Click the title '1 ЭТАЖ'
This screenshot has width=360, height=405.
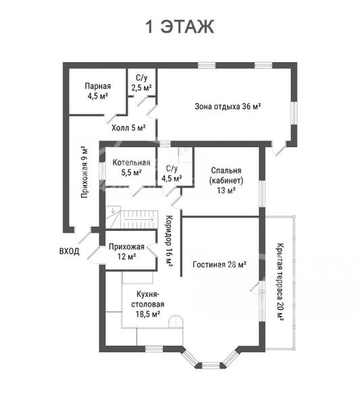(180, 26)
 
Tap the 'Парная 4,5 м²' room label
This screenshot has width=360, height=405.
(98, 91)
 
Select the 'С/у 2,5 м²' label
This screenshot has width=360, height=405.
(141, 83)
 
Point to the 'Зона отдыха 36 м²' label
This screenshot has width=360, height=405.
(228, 107)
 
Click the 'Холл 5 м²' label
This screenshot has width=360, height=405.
(128, 128)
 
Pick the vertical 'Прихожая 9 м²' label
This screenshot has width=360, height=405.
(84, 172)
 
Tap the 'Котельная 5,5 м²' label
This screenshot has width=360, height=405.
(131, 167)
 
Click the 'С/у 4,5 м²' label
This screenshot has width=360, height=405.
(172, 173)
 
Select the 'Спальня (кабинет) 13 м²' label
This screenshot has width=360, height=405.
(226, 180)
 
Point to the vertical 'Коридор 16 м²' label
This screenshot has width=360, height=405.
(169, 241)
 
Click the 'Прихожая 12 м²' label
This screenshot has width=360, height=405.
(126, 252)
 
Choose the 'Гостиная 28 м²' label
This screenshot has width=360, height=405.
(220, 265)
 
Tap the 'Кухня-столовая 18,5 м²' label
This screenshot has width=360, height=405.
(147, 304)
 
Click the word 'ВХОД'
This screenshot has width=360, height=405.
(70, 251)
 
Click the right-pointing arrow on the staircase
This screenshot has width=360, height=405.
(139, 219)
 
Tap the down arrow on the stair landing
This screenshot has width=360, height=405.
(113, 210)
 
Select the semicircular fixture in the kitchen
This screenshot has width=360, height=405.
(176, 321)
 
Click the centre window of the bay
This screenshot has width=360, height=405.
(210, 365)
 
